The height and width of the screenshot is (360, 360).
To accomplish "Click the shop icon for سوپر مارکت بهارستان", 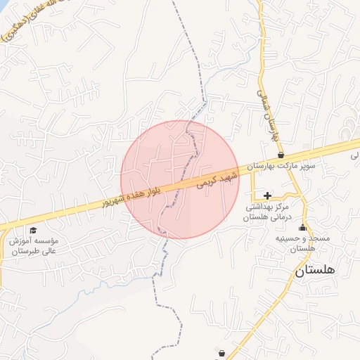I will [x=281, y=155].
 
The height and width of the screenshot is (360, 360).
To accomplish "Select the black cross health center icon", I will [x=266, y=195].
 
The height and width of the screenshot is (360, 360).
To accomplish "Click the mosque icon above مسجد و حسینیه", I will [x=303, y=227].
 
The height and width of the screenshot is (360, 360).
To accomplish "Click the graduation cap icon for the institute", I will [x=32, y=231].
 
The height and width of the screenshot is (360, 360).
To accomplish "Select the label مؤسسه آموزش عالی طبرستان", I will [x=33, y=245].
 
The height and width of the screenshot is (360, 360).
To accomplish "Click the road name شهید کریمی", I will [x=214, y=179].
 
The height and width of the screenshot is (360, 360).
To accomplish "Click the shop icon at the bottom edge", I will [x=222, y=354].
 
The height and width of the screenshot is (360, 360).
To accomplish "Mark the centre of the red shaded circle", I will [x=180, y=179].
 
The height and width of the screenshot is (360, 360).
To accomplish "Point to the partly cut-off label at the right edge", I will [x=354, y=156].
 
